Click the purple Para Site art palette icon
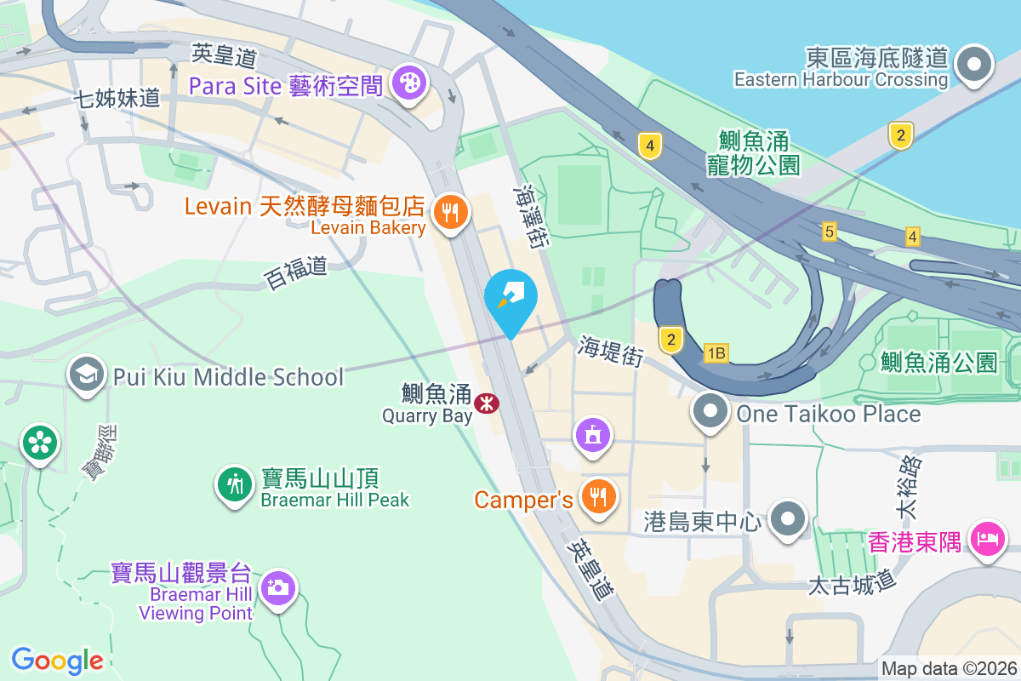410,83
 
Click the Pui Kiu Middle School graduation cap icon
86,374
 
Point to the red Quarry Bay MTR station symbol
487,403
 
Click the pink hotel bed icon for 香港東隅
987,539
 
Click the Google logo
57,660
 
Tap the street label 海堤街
610,350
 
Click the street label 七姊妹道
117,98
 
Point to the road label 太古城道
853,585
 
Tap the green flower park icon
40,442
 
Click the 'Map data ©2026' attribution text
949,668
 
